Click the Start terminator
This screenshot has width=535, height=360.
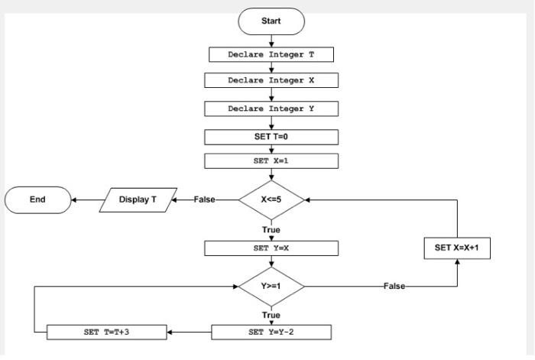[271, 21]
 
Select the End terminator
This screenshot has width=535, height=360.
[37, 199]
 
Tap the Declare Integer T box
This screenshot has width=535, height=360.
[271, 55]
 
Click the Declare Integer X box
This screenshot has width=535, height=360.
[271, 80]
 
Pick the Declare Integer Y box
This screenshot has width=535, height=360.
[271, 109]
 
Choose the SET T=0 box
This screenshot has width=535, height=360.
[271, 137]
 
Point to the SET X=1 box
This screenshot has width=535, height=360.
[271, 161]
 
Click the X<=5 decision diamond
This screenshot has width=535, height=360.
[271, 199]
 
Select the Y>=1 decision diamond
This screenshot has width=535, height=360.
[271, 286]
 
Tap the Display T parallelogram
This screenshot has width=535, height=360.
[138, 199]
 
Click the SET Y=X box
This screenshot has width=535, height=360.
[271, 248]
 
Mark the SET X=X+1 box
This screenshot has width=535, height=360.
[457, 248]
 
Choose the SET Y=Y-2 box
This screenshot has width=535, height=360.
[271, 332]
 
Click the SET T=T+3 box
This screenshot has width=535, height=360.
[107, 332]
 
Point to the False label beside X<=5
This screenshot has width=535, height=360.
[204, 199]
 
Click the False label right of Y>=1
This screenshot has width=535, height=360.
[394, 286]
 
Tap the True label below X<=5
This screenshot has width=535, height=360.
[271, 229]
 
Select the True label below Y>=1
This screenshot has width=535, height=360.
[271, 315]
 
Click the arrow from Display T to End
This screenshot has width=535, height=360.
[86, 199]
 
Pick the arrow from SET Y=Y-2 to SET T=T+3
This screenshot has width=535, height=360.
[189, 332]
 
